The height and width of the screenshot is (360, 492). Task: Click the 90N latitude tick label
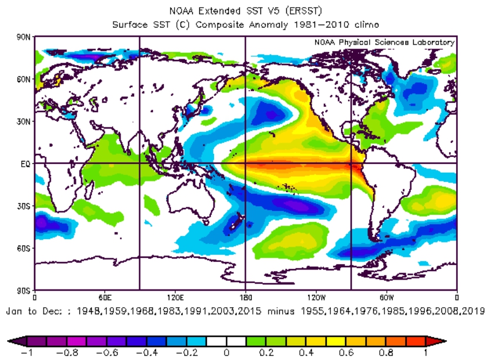click(24, 36)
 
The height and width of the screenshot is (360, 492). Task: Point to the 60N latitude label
click(24, 79)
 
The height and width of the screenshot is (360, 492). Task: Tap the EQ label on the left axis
click(26, 164)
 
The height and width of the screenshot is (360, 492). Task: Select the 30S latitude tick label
click(24, 206)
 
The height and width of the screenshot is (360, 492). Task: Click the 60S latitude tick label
click(24, 248)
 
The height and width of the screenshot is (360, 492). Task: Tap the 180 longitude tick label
click(245, 297)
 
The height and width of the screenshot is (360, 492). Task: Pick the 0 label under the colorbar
click(226, 354)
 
